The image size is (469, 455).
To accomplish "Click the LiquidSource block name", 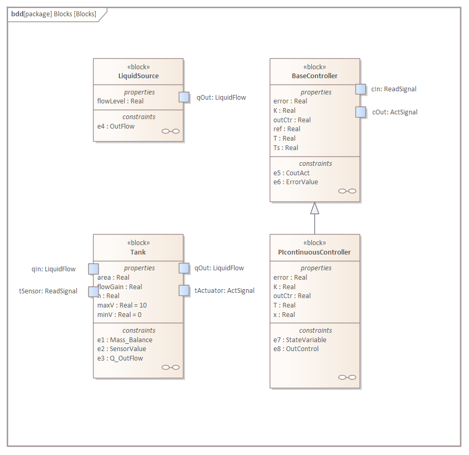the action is [138, 76].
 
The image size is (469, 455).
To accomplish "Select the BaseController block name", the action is [314, 76].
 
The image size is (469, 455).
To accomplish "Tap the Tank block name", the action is [138, 252].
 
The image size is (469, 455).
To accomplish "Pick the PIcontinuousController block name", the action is [314, 252].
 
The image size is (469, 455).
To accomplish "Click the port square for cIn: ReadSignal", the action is [360, 89].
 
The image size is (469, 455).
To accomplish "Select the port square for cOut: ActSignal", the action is [360, 112].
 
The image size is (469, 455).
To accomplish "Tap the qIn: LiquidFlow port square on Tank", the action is [94, 269].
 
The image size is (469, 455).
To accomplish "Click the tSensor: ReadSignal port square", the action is [93, 291].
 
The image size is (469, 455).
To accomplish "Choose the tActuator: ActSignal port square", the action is [184, 290].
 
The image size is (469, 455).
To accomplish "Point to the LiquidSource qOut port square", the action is [184, 97].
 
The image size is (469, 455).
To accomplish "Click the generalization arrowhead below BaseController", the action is [314, 208].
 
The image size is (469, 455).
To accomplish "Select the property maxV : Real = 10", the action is [122, 305].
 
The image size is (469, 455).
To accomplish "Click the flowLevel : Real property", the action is [120, 101].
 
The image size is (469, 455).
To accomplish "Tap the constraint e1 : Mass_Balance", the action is [125, 340].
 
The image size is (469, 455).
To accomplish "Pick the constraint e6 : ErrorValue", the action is [295, 182].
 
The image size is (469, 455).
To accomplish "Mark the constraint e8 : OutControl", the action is [296, 348].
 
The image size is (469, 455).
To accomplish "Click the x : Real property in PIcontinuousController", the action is [284, 314].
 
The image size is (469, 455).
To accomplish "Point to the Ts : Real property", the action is [286, 148].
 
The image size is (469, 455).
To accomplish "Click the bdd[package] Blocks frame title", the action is [54, 14].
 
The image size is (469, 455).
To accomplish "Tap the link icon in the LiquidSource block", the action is [170, 131].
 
